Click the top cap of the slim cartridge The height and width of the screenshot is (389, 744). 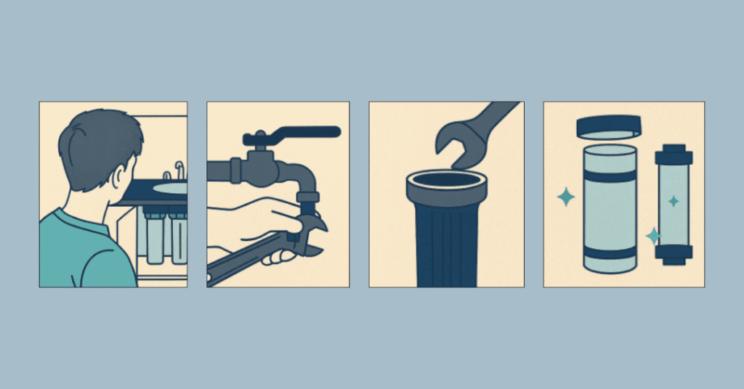(x=673, y=154)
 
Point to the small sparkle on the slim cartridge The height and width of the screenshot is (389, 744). (x=674, y=201)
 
